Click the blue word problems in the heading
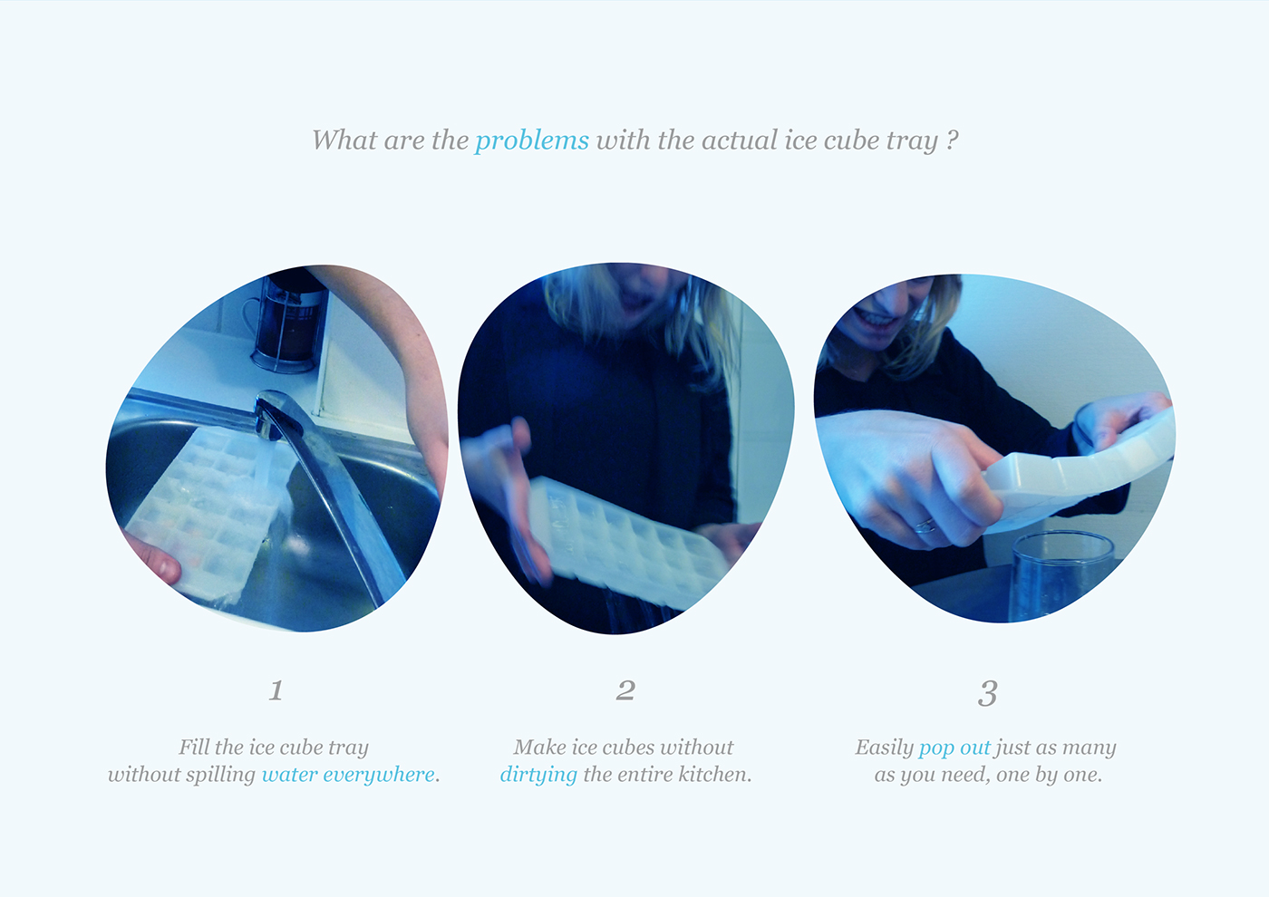[x=531, y=141]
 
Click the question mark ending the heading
[x=952, y=140]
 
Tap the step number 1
[x=276, y=690]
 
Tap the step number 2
[x=625, y=690]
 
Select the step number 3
[x=987, y=693]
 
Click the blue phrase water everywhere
[x=348, y=775]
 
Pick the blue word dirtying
[x=538, y=776]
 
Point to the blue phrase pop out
[x=954, y=747]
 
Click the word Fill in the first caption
[x=194, y=747]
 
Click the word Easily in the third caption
[x=884, y=747]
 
